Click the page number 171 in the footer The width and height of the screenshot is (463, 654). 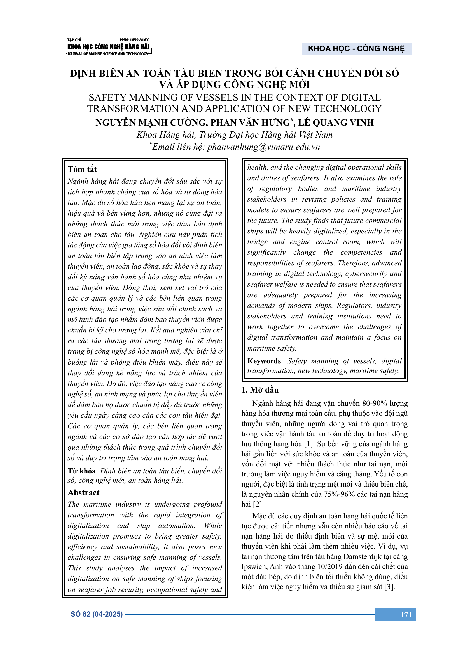click(x=406, y=615)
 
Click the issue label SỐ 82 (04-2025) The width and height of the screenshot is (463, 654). click(x=97, y=614)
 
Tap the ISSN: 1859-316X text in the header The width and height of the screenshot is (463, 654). click(x=134, y=40)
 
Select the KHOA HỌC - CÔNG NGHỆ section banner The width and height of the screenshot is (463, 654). click(x=356, y=49)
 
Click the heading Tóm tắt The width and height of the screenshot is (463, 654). click(x=82, y=169)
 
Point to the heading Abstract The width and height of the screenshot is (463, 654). click(x=83, y=492)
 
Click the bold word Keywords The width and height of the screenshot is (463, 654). click(x=264, y=361)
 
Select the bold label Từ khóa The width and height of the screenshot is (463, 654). click(x=81, y=471)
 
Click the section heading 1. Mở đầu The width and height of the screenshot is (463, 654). click(x=260, y=390)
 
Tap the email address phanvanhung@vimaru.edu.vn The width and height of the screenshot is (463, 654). click(x=263, y=147)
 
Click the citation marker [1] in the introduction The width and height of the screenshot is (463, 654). click(x=309, y=444)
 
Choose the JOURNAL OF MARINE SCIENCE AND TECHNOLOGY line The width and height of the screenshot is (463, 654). click(x=108, y=54)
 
